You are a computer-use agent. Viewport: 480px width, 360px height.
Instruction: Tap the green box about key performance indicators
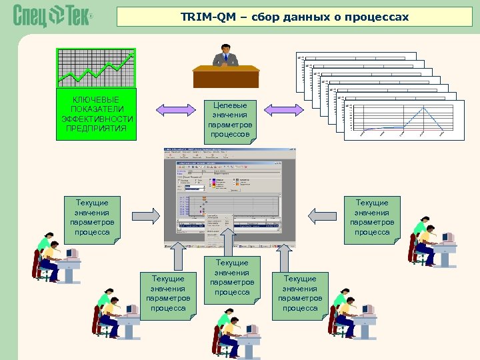click(97, 114)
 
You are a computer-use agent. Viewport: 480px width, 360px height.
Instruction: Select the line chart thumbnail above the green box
click(95, 67)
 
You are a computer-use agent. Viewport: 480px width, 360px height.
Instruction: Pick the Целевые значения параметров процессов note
click(229, 119)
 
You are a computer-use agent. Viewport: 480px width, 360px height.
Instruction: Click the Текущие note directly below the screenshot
click(232, 277)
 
